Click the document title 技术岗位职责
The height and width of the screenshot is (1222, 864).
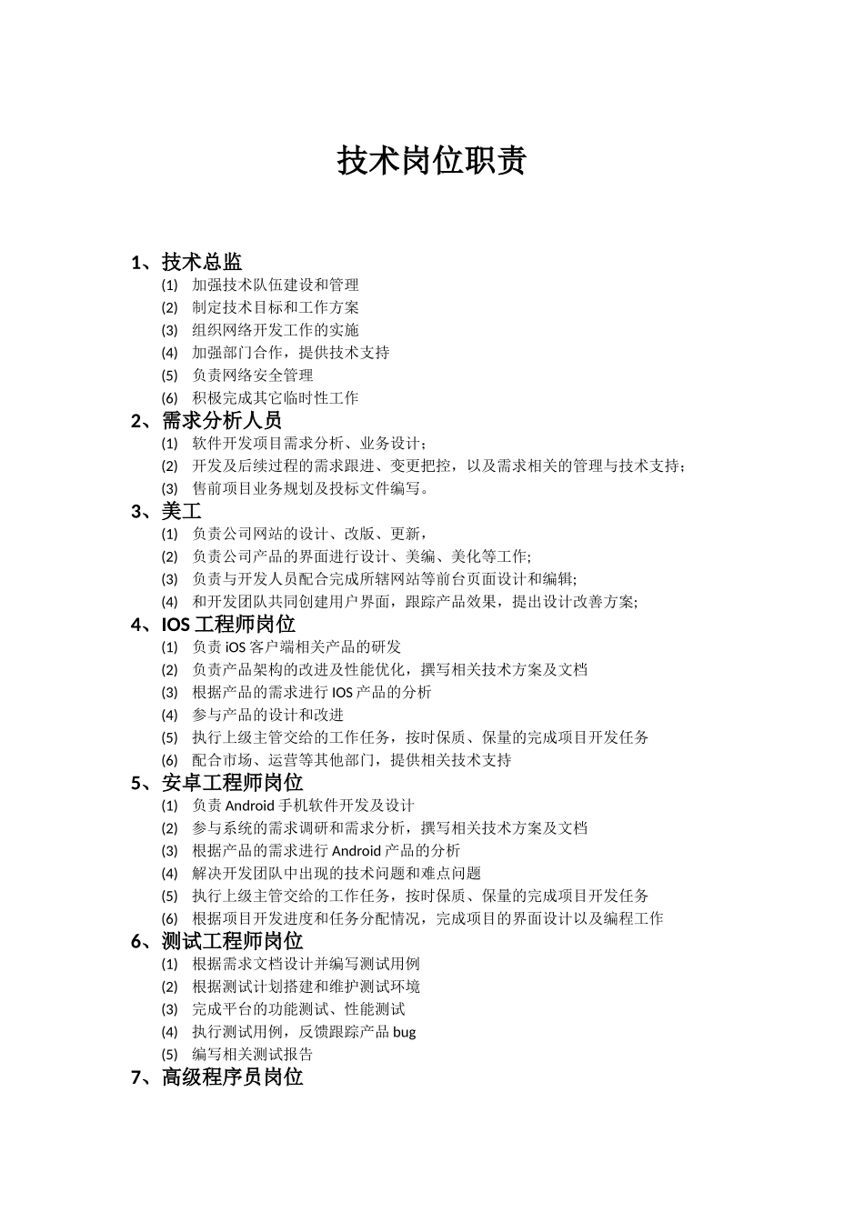pos(432,161)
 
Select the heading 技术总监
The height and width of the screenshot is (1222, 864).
pos(202,263)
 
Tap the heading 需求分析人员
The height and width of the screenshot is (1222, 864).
pos(222,421)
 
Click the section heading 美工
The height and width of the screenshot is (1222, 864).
pos(182,512)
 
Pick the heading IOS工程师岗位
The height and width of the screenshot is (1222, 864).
pos(228,625)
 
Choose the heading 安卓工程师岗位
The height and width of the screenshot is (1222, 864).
pos(232,783)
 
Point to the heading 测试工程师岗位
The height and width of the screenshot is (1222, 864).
pos(232,941)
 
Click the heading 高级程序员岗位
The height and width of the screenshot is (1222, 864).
pos(232,1077)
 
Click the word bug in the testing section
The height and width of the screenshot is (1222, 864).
pos(405,1032)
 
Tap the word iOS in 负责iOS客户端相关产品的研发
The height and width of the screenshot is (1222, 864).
pos(235,647)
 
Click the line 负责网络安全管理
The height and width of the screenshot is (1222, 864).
pos(253,376)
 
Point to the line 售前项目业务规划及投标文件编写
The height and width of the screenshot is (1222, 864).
pos(309,488)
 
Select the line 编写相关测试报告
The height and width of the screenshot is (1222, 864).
pos(253,1055)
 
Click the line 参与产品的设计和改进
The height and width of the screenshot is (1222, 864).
pos(268,716)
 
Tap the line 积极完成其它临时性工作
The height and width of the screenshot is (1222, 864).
pos(276,398)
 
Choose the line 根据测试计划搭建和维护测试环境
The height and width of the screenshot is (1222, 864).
pos(306,987)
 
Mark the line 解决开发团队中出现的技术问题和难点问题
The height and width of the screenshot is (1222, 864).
pos(337,874)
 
